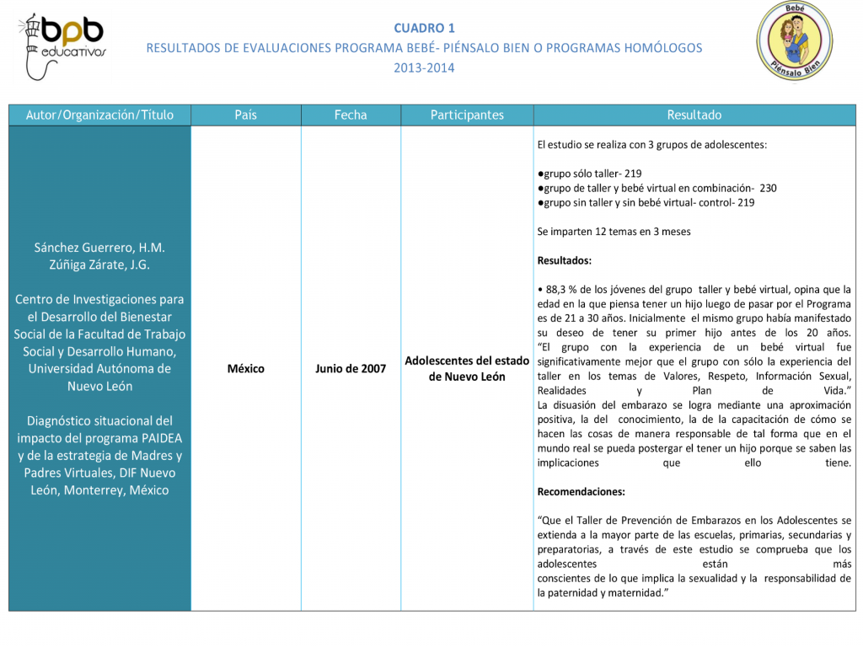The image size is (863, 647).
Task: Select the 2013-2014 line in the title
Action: (424, 67)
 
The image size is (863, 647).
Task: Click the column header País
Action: (245, 115)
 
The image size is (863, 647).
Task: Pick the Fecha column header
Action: (351, 115)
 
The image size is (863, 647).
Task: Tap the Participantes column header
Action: (467, 115)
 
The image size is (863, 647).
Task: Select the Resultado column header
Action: (694, 115)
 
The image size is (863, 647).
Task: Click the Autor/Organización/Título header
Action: (99, 115)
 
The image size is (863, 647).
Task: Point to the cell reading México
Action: (245, 369)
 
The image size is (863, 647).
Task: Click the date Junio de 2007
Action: (351, 369)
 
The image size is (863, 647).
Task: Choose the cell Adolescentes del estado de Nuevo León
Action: (467, 368)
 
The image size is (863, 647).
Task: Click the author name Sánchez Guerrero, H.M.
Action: (99, 248)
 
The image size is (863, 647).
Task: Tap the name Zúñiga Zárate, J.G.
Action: (99, 265)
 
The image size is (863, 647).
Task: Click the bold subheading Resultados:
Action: (564, 260)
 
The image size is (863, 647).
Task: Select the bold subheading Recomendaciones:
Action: (581, 491)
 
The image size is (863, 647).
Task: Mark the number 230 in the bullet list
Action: (767, 188)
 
